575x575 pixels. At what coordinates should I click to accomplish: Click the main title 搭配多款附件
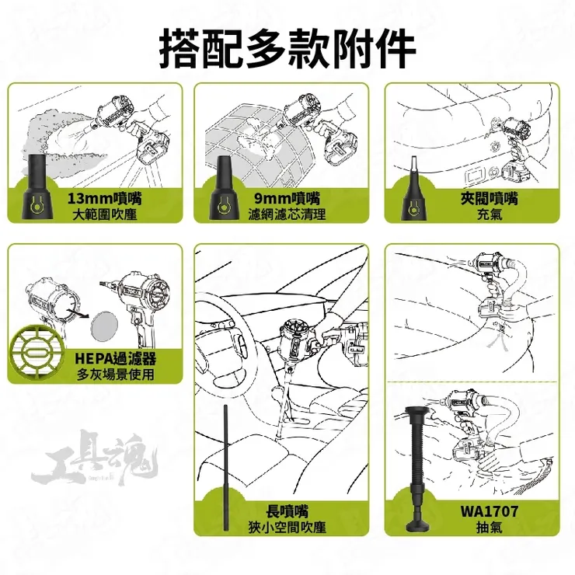pos(287,47)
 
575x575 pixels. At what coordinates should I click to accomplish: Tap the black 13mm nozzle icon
pos(38,191)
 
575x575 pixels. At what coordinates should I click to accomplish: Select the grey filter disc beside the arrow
pos(103,322)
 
